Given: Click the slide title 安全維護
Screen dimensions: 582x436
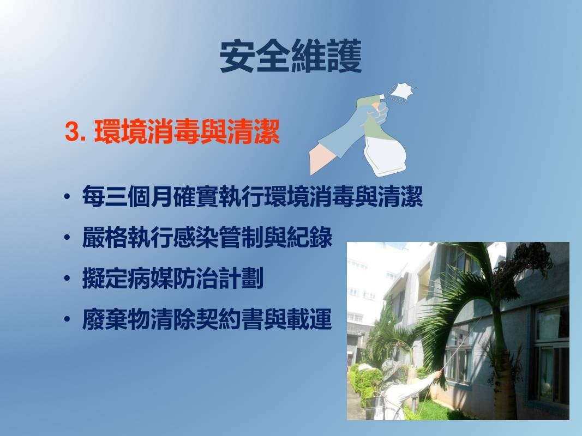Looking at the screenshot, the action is tap(291, 56).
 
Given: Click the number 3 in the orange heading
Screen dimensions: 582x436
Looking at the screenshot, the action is tap(73, 132).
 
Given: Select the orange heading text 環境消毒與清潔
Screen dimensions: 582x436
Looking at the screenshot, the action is tap(187, 131).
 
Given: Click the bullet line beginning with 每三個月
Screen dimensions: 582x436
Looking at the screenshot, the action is tap(253, 197).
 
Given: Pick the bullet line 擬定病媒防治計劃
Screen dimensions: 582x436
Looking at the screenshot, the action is tap(172, 278).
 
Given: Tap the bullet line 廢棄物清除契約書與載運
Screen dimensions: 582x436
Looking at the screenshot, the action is tap(207, 319).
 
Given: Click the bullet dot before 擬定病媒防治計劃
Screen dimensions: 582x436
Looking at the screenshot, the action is tap(67, 279).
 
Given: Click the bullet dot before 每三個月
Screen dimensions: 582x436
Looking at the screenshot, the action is tap(67, 197).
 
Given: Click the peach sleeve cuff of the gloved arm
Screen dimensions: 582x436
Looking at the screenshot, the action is tap(321, 160).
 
